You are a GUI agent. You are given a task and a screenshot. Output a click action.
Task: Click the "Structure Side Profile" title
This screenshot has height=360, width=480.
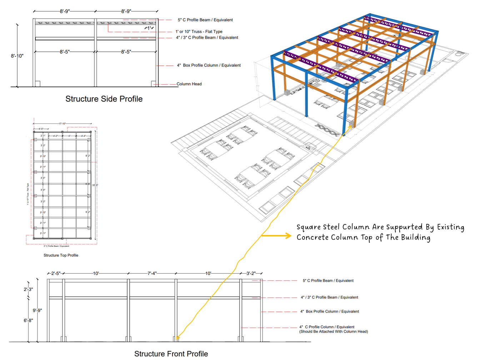click(104, 99)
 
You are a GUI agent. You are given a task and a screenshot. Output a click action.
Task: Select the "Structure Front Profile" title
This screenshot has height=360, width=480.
click(171, 354)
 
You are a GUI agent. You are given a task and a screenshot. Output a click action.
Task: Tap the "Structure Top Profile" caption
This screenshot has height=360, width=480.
click(61, 255)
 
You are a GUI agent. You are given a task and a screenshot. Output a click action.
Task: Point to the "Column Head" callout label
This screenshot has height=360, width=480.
click(189, 84)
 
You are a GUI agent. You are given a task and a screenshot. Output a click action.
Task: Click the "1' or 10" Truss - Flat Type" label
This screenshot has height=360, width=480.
click(199, 31)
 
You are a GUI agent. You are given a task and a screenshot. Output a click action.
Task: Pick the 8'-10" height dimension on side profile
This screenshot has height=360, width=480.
click(17, 56)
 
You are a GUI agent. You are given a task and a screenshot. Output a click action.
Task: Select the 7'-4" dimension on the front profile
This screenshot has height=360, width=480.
click(152, 274)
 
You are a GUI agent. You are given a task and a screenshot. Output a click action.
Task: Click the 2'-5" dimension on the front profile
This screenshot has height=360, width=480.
click(56, 274)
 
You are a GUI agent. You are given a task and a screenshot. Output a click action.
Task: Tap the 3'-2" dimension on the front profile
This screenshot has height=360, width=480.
click(251, 274)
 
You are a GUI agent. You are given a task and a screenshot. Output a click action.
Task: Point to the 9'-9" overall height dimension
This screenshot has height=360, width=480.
click(37, 310)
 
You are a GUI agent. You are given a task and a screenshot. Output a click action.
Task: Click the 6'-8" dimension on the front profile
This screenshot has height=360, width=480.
click(28, 320)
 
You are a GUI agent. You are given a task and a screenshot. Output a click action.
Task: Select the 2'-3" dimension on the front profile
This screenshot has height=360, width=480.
click(28, 289)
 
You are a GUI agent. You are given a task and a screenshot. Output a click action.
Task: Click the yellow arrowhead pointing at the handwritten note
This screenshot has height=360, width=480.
click(287, 235)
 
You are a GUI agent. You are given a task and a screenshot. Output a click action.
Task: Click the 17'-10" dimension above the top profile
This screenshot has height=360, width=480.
click(62, 124)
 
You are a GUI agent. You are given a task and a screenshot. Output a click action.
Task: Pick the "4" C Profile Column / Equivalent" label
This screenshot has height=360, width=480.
click(327, 327)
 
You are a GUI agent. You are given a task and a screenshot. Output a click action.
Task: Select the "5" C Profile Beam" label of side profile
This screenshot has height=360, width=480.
click(205, 20)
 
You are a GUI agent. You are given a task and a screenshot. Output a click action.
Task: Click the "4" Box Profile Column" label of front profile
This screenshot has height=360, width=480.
click(330, 311)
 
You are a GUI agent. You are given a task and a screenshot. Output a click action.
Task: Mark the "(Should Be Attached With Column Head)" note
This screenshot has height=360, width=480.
click(334, 332)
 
